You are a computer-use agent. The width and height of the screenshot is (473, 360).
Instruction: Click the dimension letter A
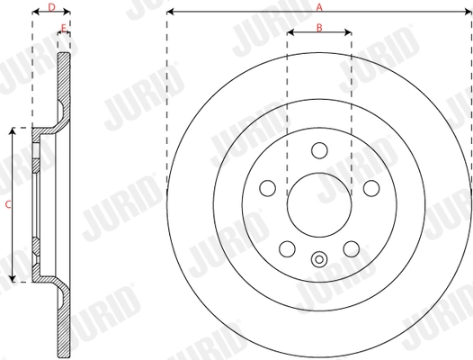pos(319,6)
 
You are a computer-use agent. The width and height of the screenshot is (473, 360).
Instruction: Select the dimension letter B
pos(319,27)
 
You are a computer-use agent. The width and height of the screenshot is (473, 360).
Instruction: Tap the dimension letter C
pos(6,205)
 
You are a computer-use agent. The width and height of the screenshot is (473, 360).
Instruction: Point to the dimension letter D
pos(51,6)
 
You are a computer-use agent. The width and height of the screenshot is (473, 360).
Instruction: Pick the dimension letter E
pos(63,28)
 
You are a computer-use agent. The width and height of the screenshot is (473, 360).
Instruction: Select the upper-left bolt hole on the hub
pos(267,189)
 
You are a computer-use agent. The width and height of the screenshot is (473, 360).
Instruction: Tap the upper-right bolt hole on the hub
pos(371,189)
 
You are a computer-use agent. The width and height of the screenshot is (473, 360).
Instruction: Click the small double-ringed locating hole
pos(319,261)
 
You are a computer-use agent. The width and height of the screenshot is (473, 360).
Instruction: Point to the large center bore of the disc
pos(319,205)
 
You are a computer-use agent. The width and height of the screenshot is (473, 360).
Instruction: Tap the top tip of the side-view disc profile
pos(64,55)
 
